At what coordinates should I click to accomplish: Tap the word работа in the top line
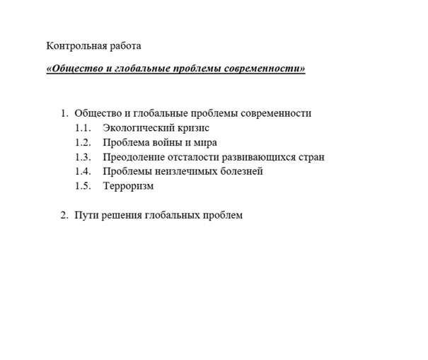pyautogui.click(x=125, y=47)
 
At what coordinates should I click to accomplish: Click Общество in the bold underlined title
pyautogui.click(x=74, y=69)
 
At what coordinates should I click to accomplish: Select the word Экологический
pyautogui.click(x=141, y=129)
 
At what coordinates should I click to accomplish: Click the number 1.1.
pyautogui.click(x=83, y=129)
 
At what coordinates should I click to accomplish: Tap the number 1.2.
pyautogui.click(x=83, y=143)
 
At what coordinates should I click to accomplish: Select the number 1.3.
pyautogui.click(x=83, y=157)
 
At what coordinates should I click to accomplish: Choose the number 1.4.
pyautogui.click(x=83, y=172)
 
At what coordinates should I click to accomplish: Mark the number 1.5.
pyautogui.click(x=83, y=187)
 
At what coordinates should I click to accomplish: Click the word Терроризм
pyautogui.click(x=128, y=187)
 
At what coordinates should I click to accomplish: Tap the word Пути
pyautogui.click(x=86, y=216)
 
